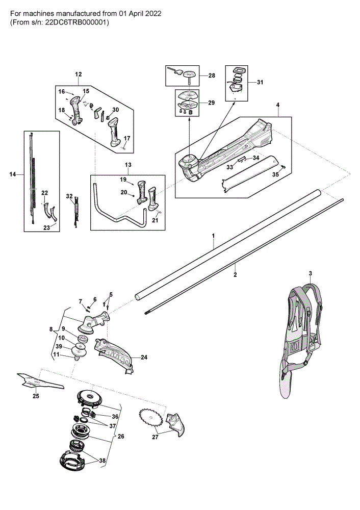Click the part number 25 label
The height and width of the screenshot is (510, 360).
36,396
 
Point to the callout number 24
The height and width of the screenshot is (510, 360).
144,357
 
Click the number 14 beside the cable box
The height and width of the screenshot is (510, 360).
12,174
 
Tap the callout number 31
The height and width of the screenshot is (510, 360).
260,82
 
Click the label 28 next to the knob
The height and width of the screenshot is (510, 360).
212,75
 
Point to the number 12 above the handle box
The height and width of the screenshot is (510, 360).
79,74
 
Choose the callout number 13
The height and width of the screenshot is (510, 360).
128,165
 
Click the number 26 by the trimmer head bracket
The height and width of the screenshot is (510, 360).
121,436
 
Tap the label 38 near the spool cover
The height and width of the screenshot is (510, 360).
102,461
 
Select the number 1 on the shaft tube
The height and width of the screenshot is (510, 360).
213,235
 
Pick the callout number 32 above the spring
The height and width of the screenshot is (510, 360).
69,196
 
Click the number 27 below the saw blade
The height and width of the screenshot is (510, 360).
155,437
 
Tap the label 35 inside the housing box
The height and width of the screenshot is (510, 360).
275,174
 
